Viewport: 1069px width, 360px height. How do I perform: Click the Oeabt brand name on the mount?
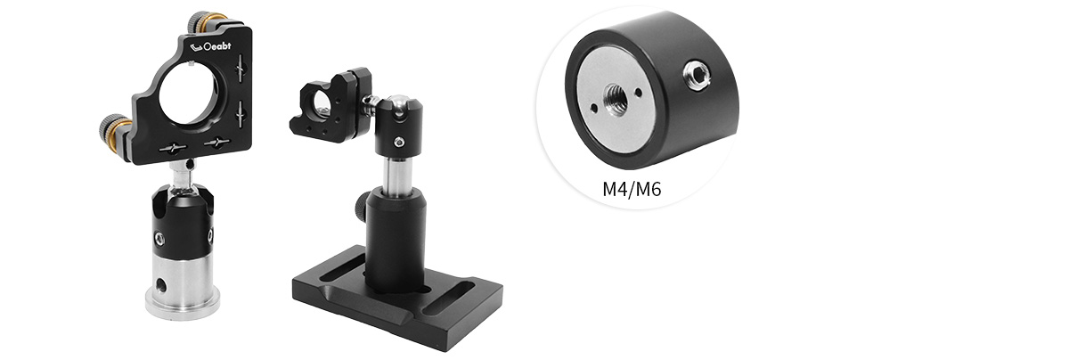[217, 46]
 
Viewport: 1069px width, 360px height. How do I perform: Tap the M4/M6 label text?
[632, 190]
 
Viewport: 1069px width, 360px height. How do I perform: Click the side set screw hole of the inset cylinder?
[695, 73]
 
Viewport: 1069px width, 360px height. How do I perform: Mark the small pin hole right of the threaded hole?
[638, 92]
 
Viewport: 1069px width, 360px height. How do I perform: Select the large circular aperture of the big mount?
[189, 94]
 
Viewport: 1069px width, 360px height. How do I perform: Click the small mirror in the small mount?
[320, 110]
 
